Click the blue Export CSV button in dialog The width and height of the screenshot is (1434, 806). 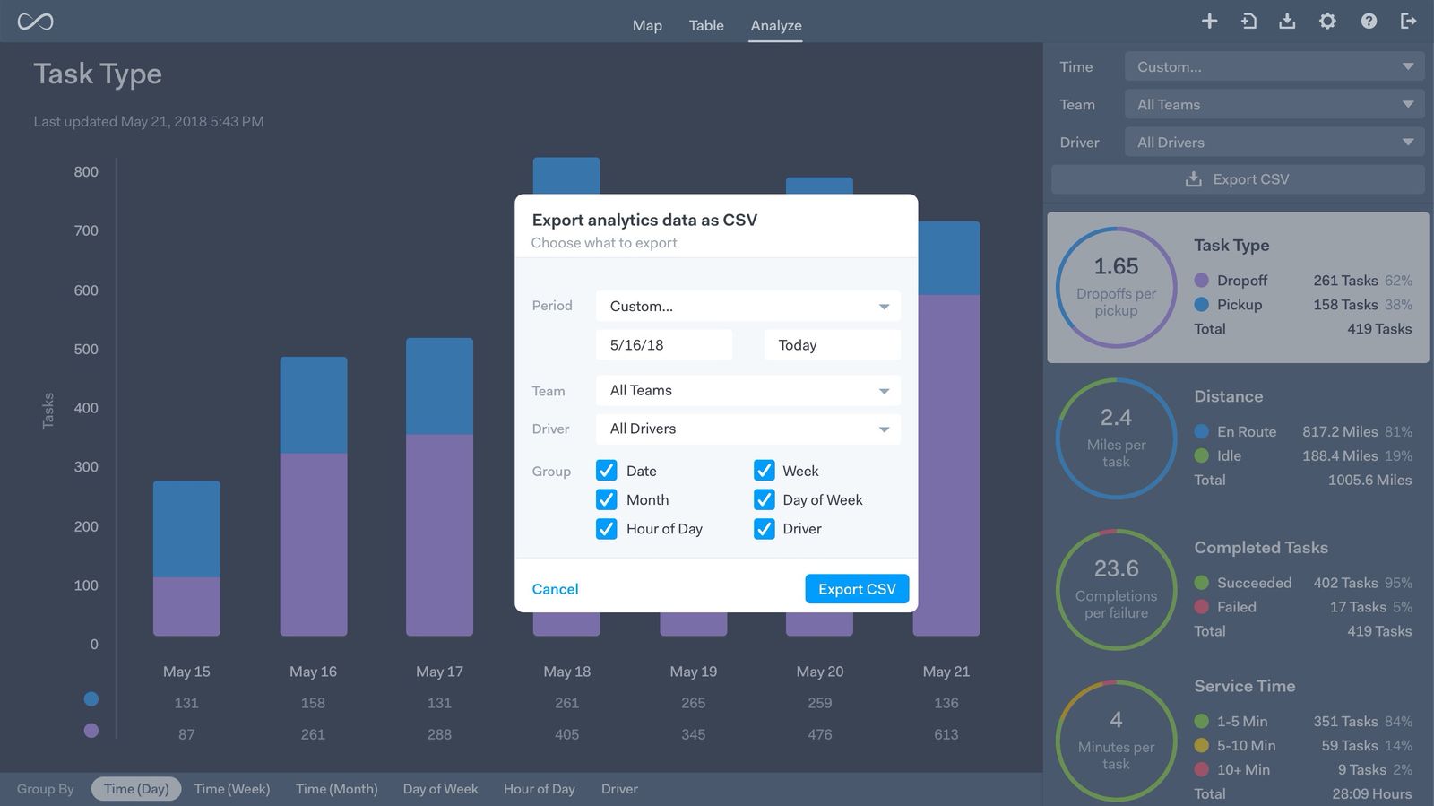point(856,589)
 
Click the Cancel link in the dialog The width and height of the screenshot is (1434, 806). point(555,589)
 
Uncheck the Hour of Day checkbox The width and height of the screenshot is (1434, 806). point(607,529)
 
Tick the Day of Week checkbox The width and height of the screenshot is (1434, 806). point(765,500)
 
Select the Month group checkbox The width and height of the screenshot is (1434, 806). point(607,500)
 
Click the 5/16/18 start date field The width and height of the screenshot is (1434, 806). point(663,345)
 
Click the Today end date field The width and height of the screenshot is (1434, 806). point(831,345)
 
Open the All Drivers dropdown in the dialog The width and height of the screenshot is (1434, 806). point(747,429)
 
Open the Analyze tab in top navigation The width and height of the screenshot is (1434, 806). point(775,25)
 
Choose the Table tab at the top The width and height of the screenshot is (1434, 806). point(706,25)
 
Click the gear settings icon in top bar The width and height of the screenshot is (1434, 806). point(1327,21)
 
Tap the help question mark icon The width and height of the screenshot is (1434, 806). point(1369,21)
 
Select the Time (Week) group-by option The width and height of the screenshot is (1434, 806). point(232,789)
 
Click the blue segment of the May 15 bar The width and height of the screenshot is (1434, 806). point(186,529)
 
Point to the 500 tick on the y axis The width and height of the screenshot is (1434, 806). point(86,350)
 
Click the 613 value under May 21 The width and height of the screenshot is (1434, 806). point(946,734)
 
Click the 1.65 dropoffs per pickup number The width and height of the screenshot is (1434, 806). point(1116,266)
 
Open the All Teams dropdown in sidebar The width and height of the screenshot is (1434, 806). point(1274,105)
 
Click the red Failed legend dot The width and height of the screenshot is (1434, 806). point(1202,607)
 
